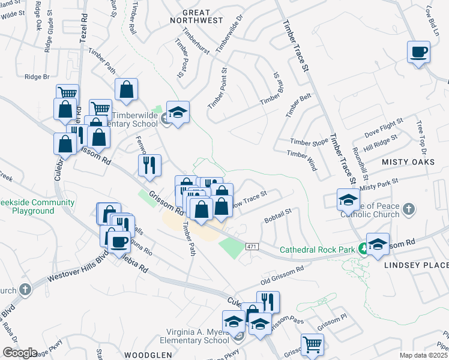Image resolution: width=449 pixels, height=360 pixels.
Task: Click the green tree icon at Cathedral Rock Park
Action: click(363, 248)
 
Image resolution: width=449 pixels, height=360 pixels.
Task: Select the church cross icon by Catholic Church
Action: click(408, 209)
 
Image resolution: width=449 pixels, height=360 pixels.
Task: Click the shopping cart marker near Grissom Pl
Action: click(312, 345)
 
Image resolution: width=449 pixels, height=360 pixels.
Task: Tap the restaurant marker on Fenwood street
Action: click(149, 165)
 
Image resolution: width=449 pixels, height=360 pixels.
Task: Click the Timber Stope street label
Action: click(309, 142)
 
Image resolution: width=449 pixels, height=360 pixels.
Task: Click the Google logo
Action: click(20, 353)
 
